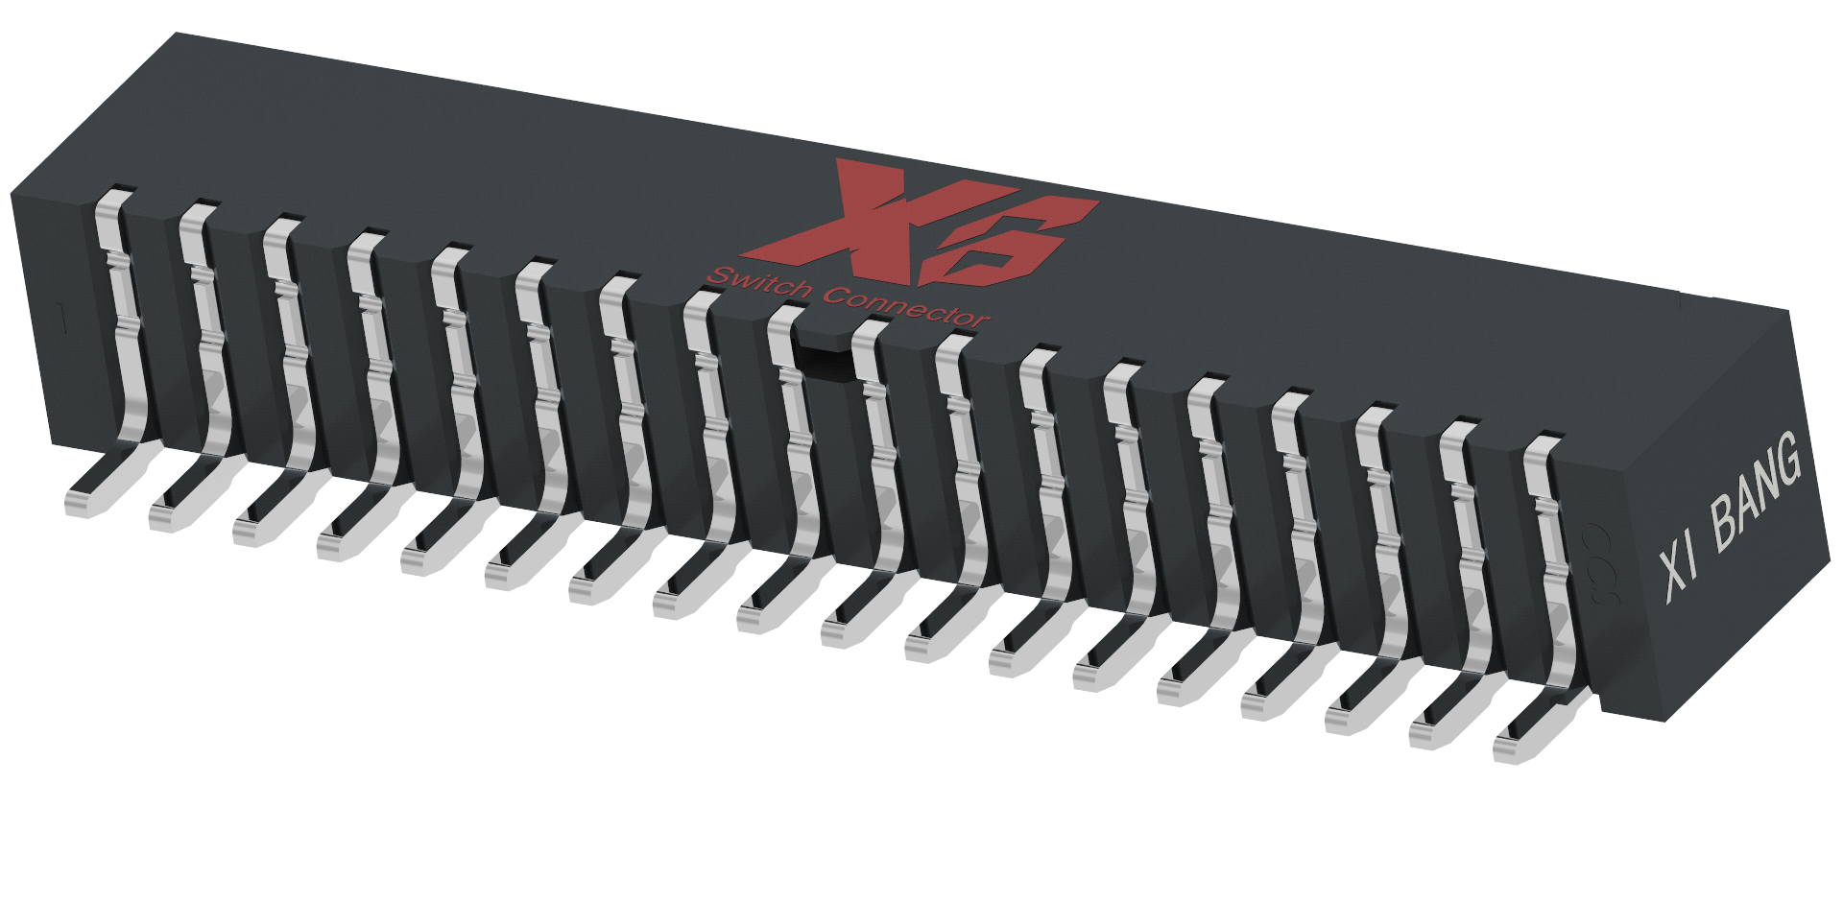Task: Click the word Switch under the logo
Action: click(x=758, y=282)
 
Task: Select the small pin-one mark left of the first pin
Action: click(x=63, y=320)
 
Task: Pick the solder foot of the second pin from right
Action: click(x=1435, y=732)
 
